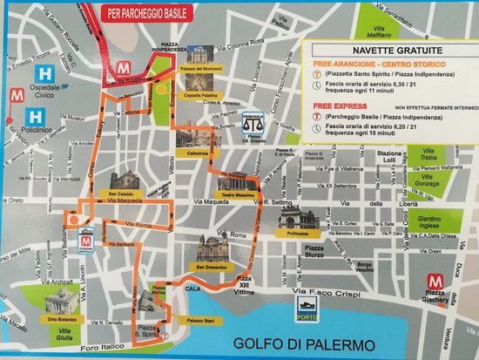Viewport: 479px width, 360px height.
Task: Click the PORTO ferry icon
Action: click(306, 304)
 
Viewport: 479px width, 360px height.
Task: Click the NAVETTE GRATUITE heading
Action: click(381, 51)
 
